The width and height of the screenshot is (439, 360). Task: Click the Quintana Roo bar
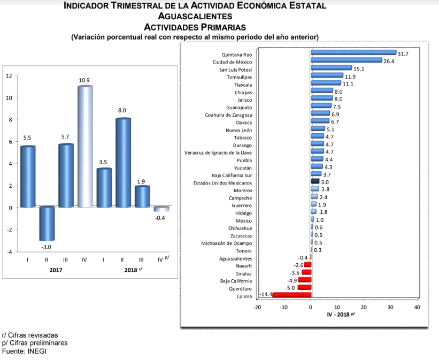click(353, 53)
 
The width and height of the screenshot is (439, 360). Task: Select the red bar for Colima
click(284, 295)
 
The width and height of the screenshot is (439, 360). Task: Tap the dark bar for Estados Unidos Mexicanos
click(315, 182)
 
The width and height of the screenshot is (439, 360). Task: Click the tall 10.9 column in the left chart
click(85, 146)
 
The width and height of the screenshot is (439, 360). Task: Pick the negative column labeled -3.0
click(47, 224)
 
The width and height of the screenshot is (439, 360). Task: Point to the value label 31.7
click(403, 54)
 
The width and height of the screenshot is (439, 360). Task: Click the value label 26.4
click(389, 62)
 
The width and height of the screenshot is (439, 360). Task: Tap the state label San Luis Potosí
click(236, 70)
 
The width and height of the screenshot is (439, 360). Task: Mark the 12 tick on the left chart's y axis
click(9, 75)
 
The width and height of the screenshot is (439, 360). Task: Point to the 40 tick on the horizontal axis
click(417, 307)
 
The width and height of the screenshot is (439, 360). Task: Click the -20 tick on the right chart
click(257, 307)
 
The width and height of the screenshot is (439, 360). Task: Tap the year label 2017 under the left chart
click(56, 270)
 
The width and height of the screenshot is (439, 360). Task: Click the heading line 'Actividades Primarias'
click(195, 26)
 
